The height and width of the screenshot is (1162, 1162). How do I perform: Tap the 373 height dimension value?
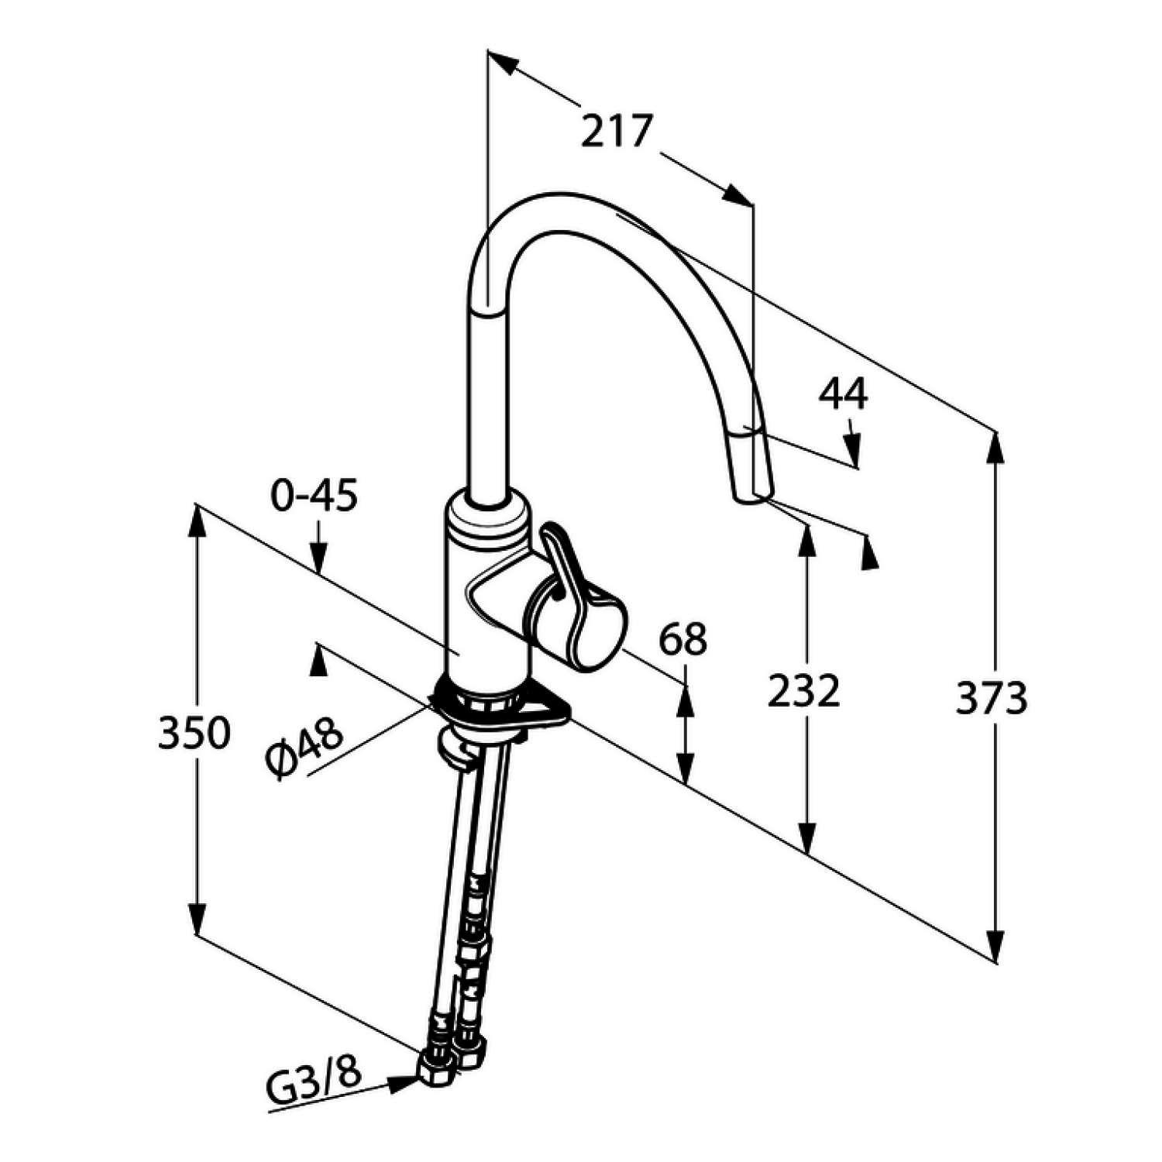click(991, 698)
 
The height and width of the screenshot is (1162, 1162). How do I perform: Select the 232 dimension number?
click(803, 691)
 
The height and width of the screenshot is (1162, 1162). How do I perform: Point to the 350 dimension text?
click(194, 733)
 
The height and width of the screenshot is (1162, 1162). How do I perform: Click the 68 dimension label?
click(683, 640)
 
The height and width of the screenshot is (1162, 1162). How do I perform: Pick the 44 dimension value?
click(844, 394)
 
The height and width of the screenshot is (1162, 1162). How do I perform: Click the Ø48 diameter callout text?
click(304, 748)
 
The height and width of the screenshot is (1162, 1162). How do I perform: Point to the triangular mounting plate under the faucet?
click(504, 709)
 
